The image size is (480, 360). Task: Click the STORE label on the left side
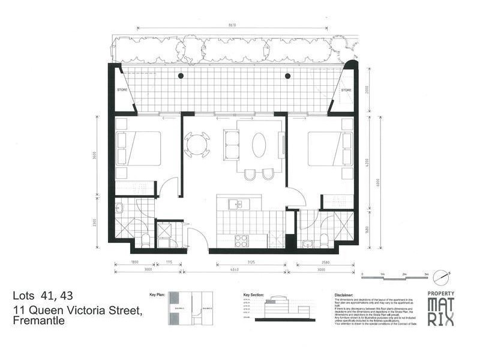(122, 89)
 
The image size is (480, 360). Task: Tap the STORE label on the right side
(346, 90)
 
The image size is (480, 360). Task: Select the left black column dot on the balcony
(181, 76)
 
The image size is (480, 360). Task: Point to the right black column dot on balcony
(288, 76)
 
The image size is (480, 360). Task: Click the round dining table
(197, 145)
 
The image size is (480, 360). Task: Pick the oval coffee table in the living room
(259, 145)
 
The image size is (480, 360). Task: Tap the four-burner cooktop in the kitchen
(241, 241)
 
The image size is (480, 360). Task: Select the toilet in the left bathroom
(146, 241)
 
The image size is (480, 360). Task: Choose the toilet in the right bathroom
(325, 241)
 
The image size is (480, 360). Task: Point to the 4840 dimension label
(235, 270)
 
